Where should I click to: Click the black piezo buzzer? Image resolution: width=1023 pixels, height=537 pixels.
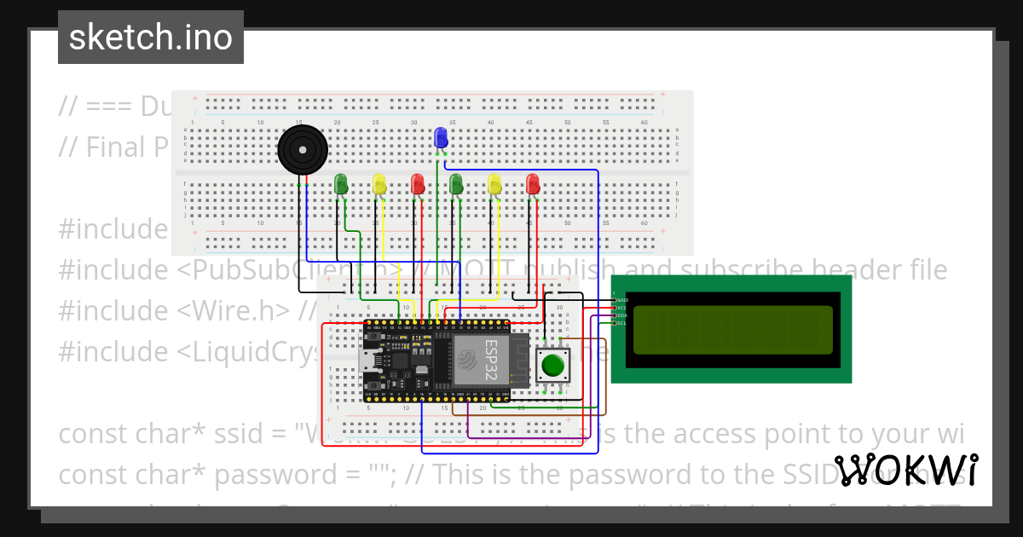[x=303, y=150]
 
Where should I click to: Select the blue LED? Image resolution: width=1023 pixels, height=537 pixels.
[x=441, y=138]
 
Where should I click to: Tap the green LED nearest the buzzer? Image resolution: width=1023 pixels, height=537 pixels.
[x=341, y=183]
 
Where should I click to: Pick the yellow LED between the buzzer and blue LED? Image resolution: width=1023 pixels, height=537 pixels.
[x=379, y=183]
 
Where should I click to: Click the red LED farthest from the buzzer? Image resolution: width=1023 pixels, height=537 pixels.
[x=533, y=183]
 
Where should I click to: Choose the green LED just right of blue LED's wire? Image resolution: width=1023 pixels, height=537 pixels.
[x=456, y=183]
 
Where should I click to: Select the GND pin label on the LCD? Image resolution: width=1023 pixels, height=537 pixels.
[x=622, y=300]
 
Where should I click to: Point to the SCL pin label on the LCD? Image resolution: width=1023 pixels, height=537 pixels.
[x=622, y=323]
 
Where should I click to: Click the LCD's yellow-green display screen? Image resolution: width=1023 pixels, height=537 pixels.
[x=732, y=330]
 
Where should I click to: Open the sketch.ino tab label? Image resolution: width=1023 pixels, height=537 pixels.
[x=151, y=38]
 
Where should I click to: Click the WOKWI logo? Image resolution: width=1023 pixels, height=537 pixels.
[x=906, y=471]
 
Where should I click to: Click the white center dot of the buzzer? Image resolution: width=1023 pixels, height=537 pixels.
[x=303, y=150]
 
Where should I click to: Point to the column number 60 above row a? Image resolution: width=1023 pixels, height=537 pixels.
[x=644, y=123]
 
